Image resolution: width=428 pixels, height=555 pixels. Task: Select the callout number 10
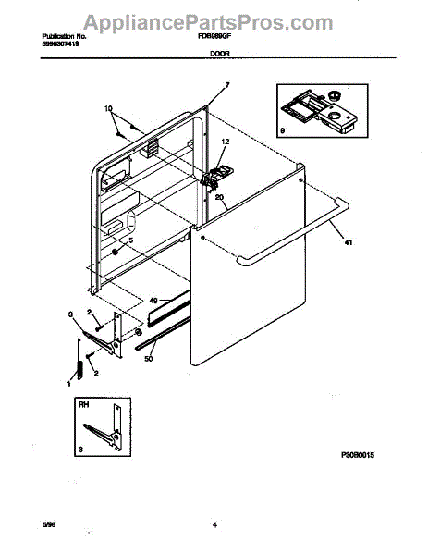click(111, 109)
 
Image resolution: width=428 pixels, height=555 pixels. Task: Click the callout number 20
click(220, 197)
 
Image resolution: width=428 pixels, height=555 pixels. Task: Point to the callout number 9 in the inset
click(283, 132)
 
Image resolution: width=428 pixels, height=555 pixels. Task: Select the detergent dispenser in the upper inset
click(320, 108)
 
